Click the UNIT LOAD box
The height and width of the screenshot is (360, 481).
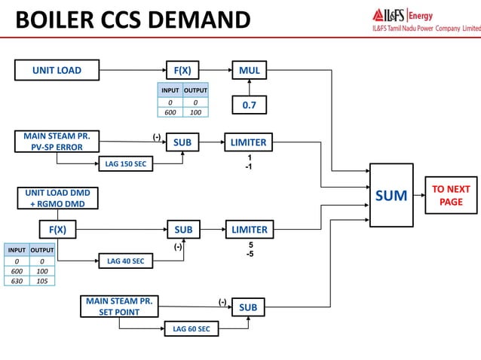point(57,71)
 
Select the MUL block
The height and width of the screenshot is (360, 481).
point(250,71)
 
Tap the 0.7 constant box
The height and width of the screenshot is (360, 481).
point(250,106)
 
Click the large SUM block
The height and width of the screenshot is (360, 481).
point(391,196)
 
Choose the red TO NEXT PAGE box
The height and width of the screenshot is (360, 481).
point(451,196)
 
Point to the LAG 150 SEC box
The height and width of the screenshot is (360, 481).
point(125,163)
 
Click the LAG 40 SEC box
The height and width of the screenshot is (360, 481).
point(125,261)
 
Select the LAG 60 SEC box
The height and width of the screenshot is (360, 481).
point(191,328)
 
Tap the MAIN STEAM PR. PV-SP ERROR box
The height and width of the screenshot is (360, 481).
point(57,141)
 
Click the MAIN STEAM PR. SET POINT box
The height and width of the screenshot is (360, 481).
point(119,307)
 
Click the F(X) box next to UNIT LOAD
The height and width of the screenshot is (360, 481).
point(182,71)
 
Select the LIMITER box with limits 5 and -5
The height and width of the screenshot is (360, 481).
point(250,229)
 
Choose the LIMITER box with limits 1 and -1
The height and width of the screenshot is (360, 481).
point(250,142)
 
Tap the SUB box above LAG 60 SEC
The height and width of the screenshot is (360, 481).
point(248,307)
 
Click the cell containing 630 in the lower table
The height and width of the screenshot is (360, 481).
point(15,280)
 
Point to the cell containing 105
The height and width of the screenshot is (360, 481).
point(41,280)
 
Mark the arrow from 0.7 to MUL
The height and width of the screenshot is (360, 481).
point(250,88)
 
